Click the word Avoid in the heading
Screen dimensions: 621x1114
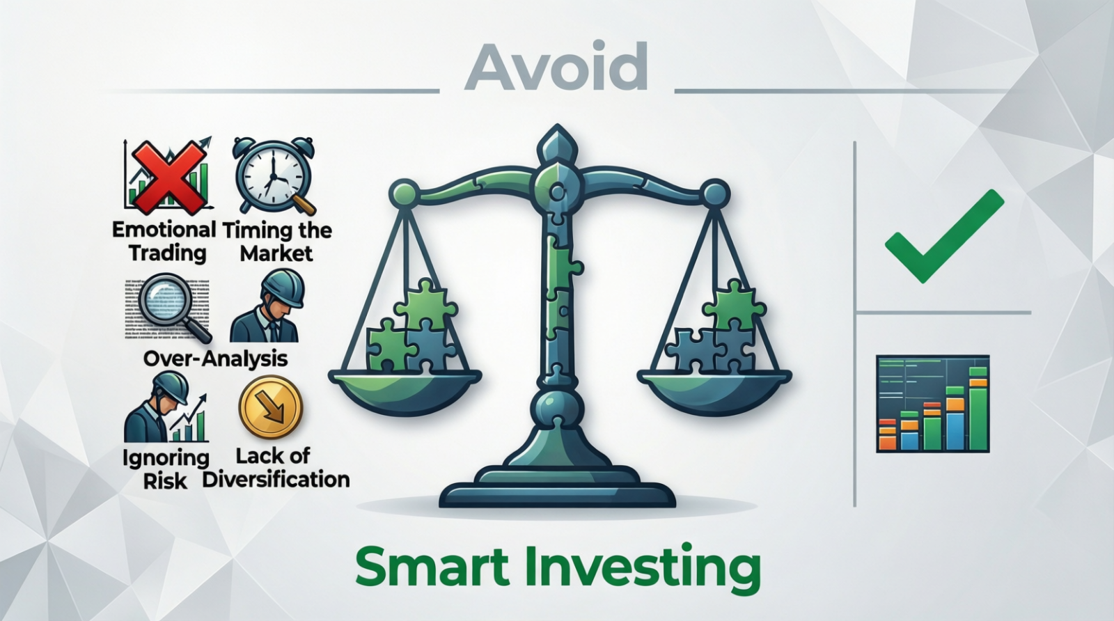[x=556, y=68]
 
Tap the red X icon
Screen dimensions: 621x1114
[x=167, y=176]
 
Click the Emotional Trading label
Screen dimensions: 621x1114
[x=164, y=241]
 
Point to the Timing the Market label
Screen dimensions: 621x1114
[x=277, y=241]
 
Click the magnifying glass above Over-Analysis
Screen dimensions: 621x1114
[x=171, y=306]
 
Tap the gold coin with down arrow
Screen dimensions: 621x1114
[x=270, y=407]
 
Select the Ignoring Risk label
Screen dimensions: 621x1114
[x=165, y=469]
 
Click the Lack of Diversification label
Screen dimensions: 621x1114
[x=276, y=468]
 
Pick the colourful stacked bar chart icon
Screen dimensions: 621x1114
[x=932, y=403]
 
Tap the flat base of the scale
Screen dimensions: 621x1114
[x=557, y=492]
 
